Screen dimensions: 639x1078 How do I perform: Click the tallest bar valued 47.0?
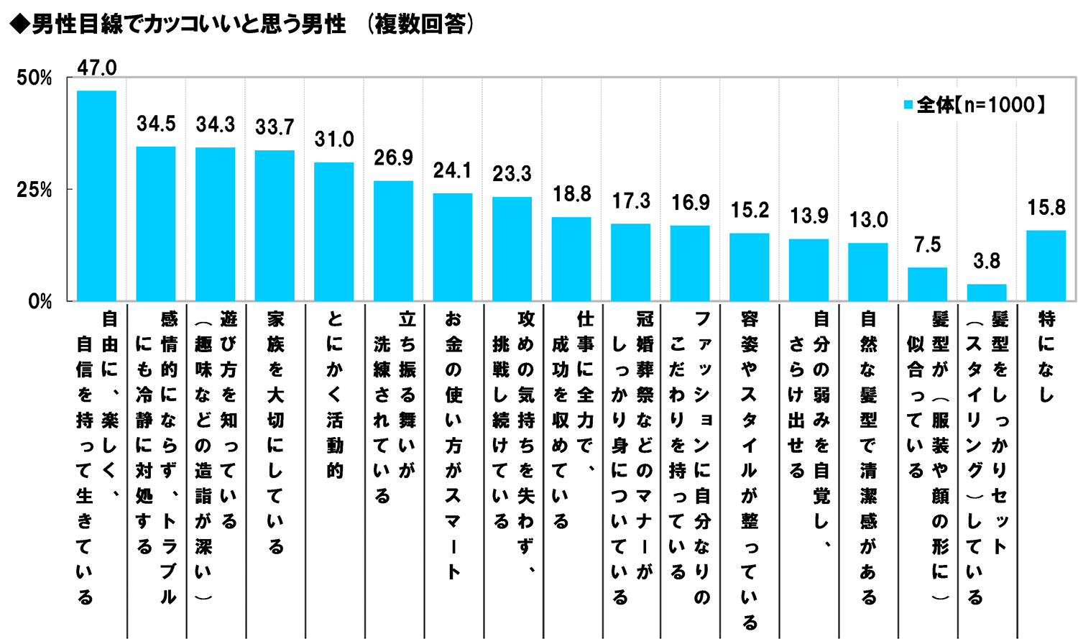coord(96,196)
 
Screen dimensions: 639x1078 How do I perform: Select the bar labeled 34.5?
coord(156,224)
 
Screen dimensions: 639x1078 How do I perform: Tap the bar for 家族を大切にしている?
coord(275,226)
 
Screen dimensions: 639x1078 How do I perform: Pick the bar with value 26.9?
coord(393,241)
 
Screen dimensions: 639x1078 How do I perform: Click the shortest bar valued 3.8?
coord(987,293)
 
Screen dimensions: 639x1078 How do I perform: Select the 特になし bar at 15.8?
coord(1046,265)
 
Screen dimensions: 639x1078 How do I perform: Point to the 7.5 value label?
coord(927,245)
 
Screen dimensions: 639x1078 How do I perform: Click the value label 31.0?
coord(334,139)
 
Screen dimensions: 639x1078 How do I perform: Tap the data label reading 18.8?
coord(571,194)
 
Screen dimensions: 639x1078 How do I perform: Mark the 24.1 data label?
coord(453,170)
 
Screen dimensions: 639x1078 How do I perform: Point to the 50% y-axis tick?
coord(34,78)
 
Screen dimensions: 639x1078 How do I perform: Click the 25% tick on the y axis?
coord(34,190)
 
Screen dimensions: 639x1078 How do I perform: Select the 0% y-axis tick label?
coord(40,302)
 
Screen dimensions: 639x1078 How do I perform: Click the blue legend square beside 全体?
coord(908,105)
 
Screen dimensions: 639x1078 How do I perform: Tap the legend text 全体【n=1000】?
coord(980,105)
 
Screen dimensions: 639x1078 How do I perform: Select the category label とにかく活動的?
coord(334,395)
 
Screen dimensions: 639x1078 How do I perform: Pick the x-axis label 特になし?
coord(1046,357)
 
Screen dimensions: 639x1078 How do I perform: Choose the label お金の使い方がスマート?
coord(453,445)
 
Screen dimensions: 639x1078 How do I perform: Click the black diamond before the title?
coord(19,24)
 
